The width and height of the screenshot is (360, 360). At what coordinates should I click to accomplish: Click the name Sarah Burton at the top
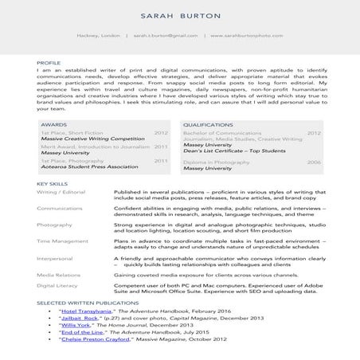[179, 16]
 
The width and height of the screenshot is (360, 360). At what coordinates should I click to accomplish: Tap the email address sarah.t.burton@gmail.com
[166, 36]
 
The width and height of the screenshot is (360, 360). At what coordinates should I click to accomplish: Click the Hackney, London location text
[98, 36]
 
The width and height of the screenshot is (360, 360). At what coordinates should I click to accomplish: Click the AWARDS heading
[53, 125]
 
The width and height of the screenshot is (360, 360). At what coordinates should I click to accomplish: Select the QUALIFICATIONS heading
[208, 125]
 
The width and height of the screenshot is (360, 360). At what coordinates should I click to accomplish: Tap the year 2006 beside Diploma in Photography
[314, 162]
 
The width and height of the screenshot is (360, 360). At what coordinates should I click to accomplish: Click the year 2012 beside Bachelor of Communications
[314, 132]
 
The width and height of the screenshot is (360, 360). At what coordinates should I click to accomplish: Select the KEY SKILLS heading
[52, 185]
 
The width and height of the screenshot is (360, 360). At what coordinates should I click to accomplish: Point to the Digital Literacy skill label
[58, 284]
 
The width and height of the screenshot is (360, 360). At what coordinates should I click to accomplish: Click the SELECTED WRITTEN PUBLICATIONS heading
[88, 303]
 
